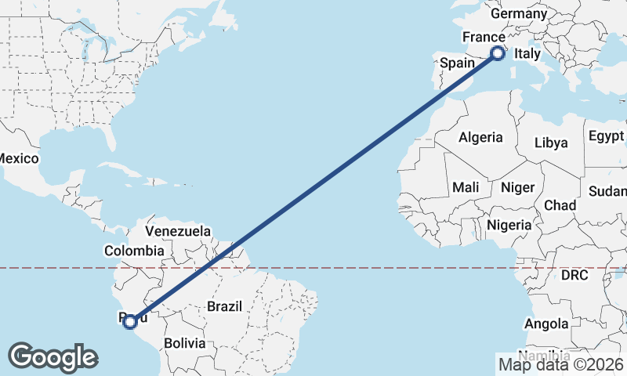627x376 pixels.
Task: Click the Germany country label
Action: coord(518,14)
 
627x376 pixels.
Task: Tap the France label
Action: coord(483,38)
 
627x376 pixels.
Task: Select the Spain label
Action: coord(456,63)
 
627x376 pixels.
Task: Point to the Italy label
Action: coord(527,54)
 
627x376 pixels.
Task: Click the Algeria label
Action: coord(480,137)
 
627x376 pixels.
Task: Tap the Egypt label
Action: coord(606,135)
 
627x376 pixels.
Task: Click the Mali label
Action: coord(466,187)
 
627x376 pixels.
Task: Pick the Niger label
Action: coord(516,187)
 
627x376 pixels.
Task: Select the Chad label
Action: coord(560,205)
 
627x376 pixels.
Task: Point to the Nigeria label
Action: coord(509,225)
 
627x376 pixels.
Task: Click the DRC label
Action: coord(574,276)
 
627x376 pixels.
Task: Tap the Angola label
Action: coord(546,324)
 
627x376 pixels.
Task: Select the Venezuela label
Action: coord(178,231)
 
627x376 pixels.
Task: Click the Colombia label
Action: coord(134,251)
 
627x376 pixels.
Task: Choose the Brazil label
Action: coord(225,307)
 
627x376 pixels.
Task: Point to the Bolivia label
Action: coord(184,343)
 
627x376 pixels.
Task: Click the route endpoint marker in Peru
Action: coord(131,320)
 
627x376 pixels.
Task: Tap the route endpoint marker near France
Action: coord(497,53)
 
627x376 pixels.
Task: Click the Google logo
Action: coord(53,356)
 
